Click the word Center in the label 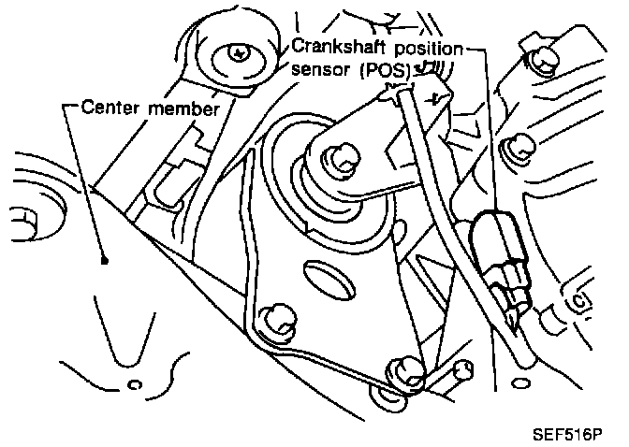coord(109,108)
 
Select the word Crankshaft coord(334,46)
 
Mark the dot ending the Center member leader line coord(104,262)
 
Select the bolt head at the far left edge coord(21,220)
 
